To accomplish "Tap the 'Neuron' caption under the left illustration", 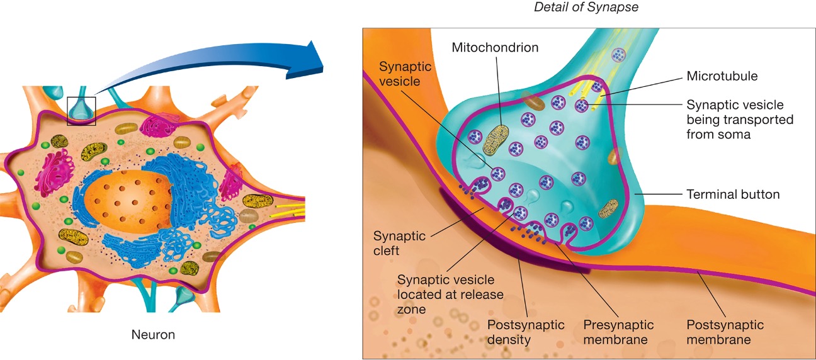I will tap(153, 335).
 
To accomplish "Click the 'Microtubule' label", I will tap(722, 76).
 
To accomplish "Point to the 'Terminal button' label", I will tap(733, 194).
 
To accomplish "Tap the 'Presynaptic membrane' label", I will tap(618, 332).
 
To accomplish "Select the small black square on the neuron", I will tap(81, 111).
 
